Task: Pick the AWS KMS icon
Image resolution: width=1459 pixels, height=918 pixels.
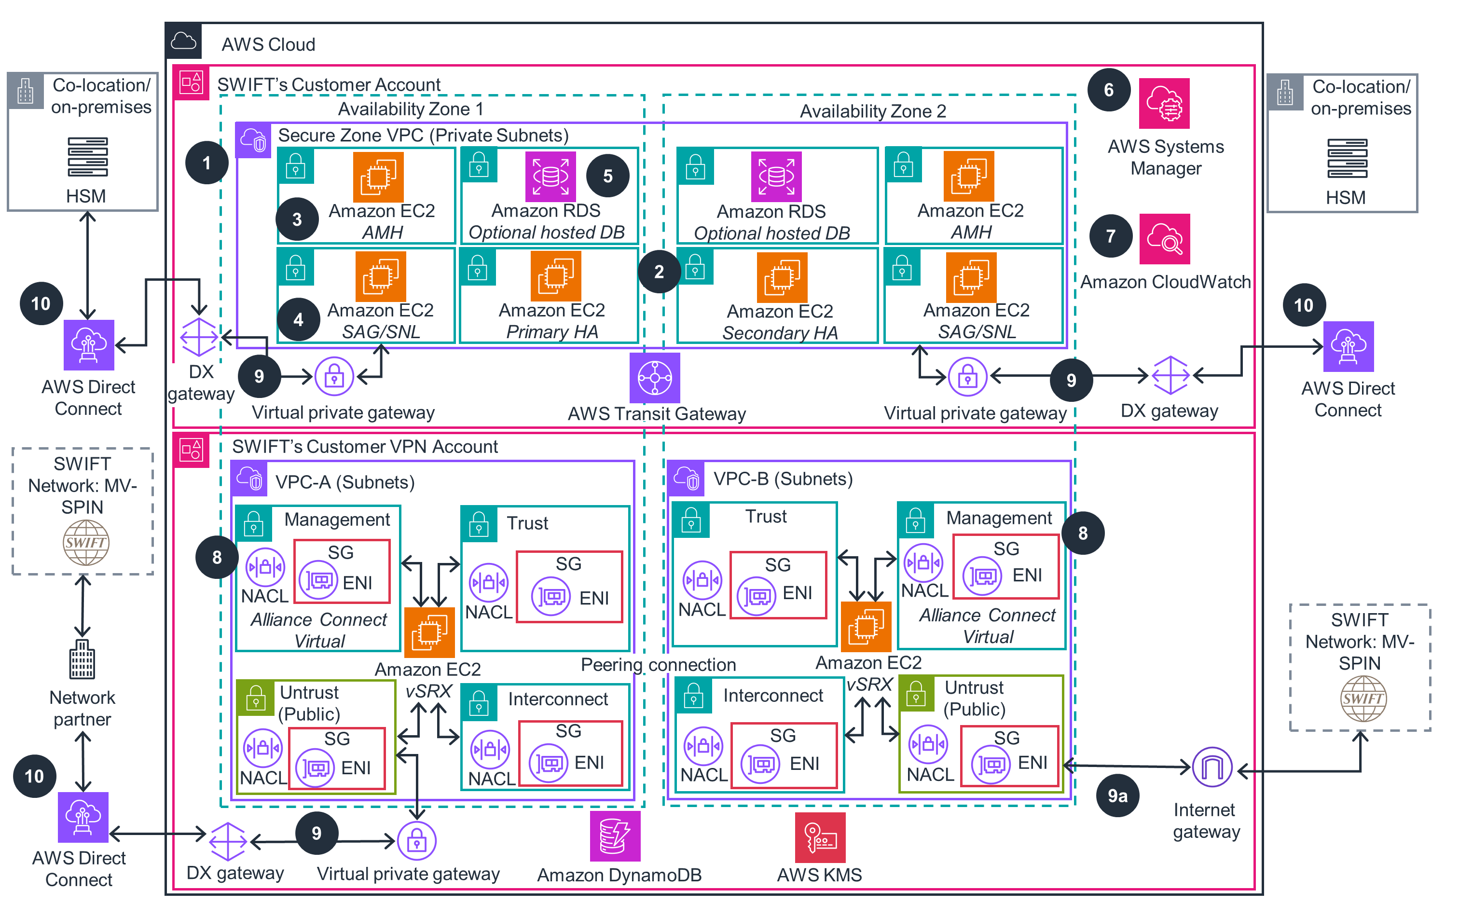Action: [x=820, y=837]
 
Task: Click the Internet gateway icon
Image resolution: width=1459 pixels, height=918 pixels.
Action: [x=1212, y=767]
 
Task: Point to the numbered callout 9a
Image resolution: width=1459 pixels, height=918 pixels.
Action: [x=1117, y=795]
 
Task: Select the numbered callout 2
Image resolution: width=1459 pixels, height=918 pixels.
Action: [x=659, y=272]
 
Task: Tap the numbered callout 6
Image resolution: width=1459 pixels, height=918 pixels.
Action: [x=1108, y=90]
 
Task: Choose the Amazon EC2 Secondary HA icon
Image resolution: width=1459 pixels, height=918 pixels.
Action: [x=782, y=277]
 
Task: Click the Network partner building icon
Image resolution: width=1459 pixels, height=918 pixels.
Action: [x=82, y=659]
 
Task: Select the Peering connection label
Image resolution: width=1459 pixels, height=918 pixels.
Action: [x=658, y=665]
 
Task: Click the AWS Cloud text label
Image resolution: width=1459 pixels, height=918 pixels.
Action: [x=268, y=44]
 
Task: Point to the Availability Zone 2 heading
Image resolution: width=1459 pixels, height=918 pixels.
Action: [x=872, y=111]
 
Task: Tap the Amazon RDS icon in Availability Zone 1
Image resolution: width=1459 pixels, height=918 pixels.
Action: [x=550, y=177]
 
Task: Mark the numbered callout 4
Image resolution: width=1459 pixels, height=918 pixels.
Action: [x=298, y=319]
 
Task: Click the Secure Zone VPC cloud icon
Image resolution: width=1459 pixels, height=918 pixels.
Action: [x=253, y=140]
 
